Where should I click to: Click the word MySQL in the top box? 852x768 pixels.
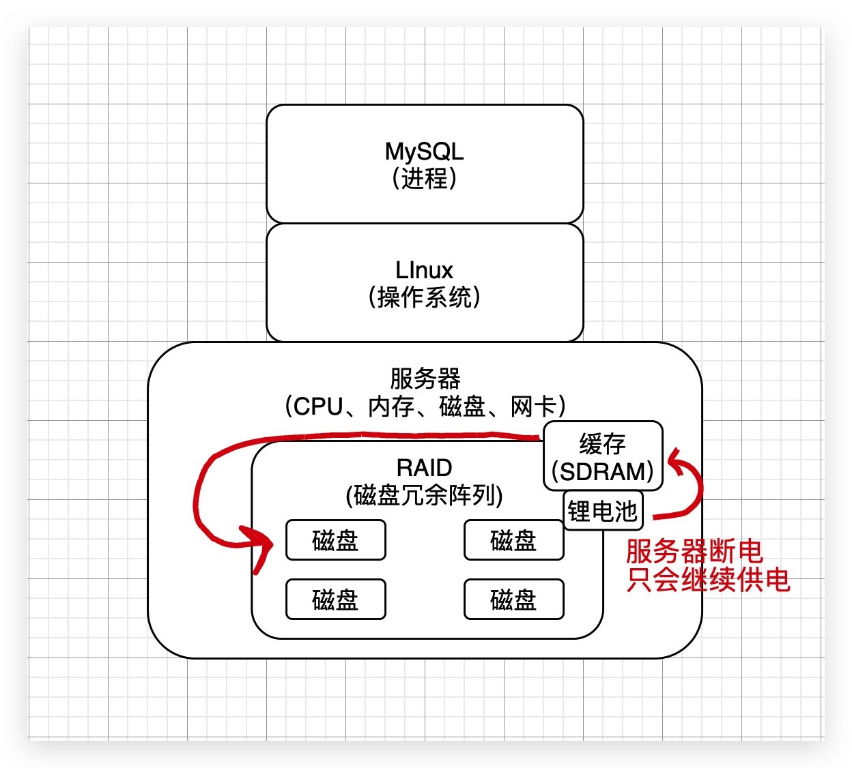pyautogui.click(x=424, y=151)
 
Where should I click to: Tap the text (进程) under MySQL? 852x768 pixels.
pyautogui.click(x=424, y=179)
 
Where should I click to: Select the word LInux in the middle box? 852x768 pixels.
pyautogui.click(x=424, y=270)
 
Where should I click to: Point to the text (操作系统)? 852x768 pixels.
pyautogui.click(x=424, y=297)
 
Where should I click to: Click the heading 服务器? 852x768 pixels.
pyautogui.click(x=425, y=378)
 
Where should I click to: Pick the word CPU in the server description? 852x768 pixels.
pyautogui.click(x=317, y=407)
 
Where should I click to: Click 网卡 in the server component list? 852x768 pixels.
pyautogui.click(x=533, y=407)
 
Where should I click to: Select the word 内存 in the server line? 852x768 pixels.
pyautogui.click(x=390, y=407)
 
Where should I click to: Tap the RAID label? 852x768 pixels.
pyautogui.click(x=424, y=468)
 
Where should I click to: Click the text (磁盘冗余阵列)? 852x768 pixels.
pyautogui.click(x=424, y=495)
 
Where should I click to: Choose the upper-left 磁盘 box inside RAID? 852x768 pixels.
pyautogui.click(x=335, y=540)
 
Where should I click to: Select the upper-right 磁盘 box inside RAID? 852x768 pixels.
pyautogui.click(x=513, y=540)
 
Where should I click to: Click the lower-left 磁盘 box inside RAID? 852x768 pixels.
pyautogui.click(x=335, y=600)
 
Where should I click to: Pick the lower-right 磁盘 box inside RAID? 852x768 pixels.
pyautogui.click(x=513, y=600)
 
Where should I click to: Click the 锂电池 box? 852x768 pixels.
pyautogui.click(x=602, y=511)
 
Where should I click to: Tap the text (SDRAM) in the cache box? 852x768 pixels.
pyautogui.click(x=602, y=471)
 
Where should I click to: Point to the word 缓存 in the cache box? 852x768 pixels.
pyautogui.click(x=602, y=444)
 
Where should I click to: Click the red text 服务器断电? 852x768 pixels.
pyautogui.click(x=694, y=551)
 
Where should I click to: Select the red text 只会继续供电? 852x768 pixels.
pyautogui.click(x=708, y=580)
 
